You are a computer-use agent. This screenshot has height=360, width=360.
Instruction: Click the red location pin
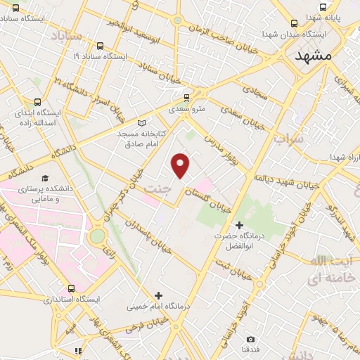click(x=181, y=165)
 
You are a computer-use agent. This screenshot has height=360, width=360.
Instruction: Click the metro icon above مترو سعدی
click(x=186, y=98)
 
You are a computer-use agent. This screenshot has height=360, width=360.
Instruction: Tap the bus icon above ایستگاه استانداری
click(x=71, y=288)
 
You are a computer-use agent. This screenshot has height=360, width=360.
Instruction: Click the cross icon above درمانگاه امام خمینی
click(x=157, y=295)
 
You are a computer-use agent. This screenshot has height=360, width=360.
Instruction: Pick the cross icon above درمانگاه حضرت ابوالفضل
click(x=240, y=225)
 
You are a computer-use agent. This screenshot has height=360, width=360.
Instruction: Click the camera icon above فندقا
click(x=250, y=338)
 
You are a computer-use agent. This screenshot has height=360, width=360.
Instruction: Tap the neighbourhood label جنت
click(x=157, y=188)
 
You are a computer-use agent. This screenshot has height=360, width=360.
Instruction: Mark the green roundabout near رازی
click(x=96, y=236)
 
